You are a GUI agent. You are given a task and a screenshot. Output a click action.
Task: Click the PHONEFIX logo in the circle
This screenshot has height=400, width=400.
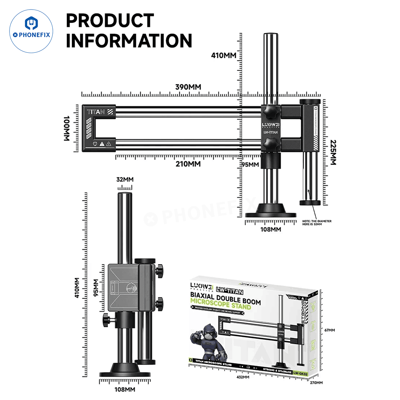31,32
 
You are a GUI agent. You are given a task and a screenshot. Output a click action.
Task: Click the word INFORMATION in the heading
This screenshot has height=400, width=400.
129,40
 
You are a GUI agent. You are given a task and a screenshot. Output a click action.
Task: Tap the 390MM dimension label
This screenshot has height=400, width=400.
188,87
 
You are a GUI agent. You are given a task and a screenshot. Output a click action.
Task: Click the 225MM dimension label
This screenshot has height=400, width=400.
333,152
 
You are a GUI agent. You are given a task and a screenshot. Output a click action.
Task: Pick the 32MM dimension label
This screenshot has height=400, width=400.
124,179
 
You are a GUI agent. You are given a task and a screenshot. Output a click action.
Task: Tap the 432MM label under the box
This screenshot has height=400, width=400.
243,377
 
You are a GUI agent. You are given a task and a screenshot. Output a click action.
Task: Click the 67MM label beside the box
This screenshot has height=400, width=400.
330,330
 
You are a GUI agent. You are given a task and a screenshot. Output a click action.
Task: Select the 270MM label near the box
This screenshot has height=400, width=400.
316,382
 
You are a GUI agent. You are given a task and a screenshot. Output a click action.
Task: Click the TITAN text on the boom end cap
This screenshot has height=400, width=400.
96,112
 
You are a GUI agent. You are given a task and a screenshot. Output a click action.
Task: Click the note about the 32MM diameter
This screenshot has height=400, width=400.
317,223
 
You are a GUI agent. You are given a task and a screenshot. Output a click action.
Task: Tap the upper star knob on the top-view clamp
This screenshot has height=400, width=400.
271,112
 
